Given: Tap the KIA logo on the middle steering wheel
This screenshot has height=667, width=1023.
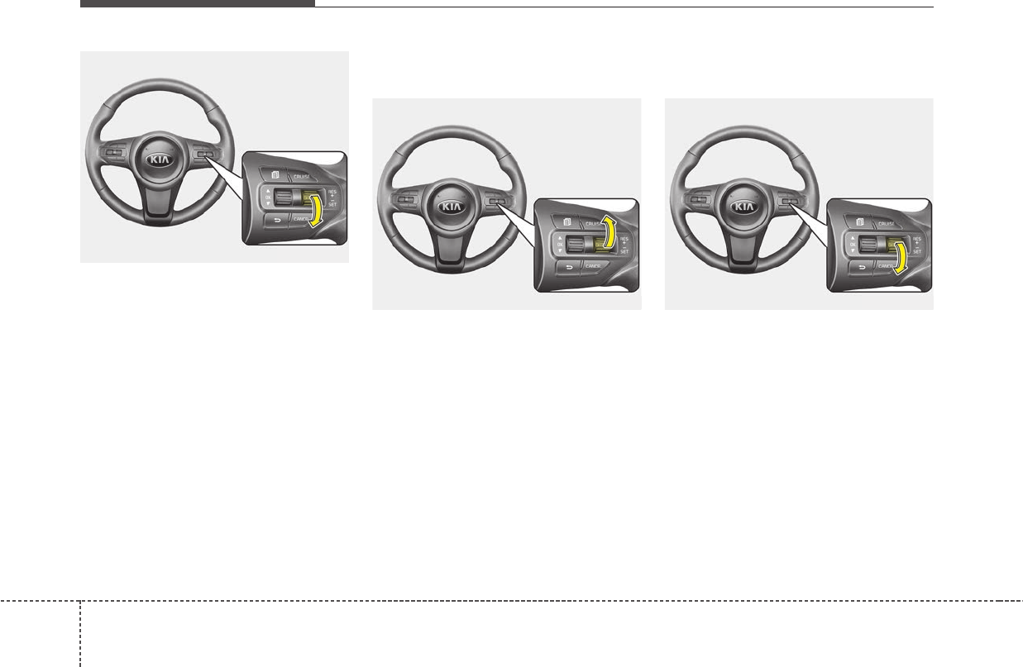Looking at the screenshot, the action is [451, 207].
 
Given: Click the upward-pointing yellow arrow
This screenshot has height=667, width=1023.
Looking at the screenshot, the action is [610, 232].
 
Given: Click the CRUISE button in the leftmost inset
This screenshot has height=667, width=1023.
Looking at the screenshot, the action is [300, 176].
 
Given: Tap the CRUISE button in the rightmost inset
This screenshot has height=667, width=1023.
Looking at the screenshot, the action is [886, 223].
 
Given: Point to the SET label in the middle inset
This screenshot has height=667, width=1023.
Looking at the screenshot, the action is [625, 251].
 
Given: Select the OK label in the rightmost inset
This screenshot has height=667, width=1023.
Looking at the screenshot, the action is [852, 245].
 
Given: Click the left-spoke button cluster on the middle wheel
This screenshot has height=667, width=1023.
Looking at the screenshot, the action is [405, 200].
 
